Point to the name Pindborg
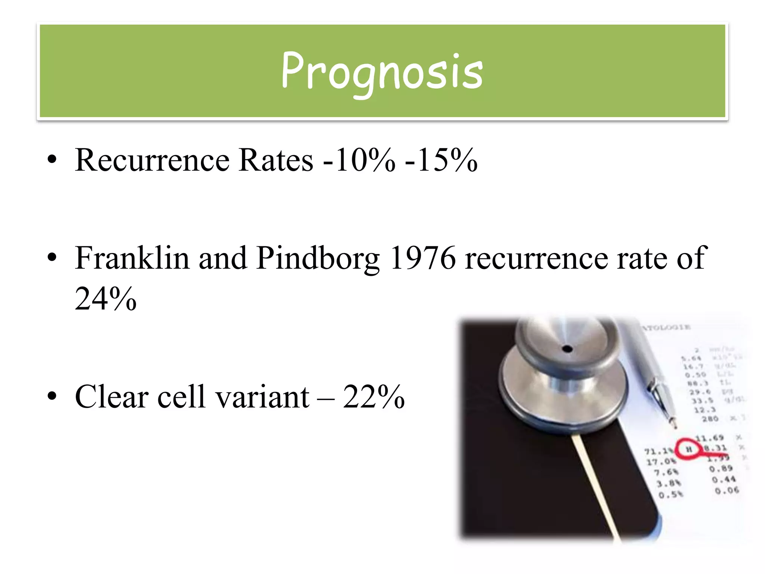point(318,259)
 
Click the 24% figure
point(105,299)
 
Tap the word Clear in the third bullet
point(112,396)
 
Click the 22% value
point(374,396)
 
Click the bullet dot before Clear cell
point(52,396)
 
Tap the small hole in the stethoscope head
point(567,349)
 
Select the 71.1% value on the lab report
point(659,451)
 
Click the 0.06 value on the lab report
point(727,490)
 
